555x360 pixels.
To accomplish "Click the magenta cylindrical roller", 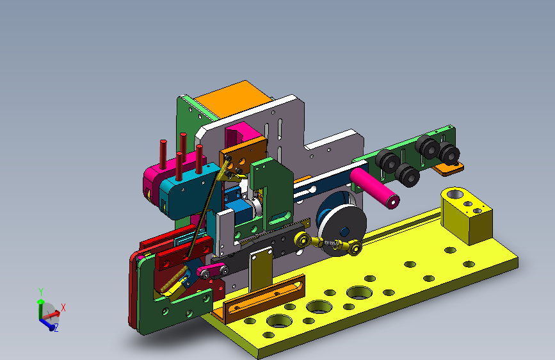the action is pos(374,188).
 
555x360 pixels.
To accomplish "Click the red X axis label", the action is pos(63,307).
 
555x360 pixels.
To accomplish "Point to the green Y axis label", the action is pos(41,292).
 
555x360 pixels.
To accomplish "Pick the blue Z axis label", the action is pos(56,328).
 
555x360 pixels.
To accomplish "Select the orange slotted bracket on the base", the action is pos(264,299).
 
